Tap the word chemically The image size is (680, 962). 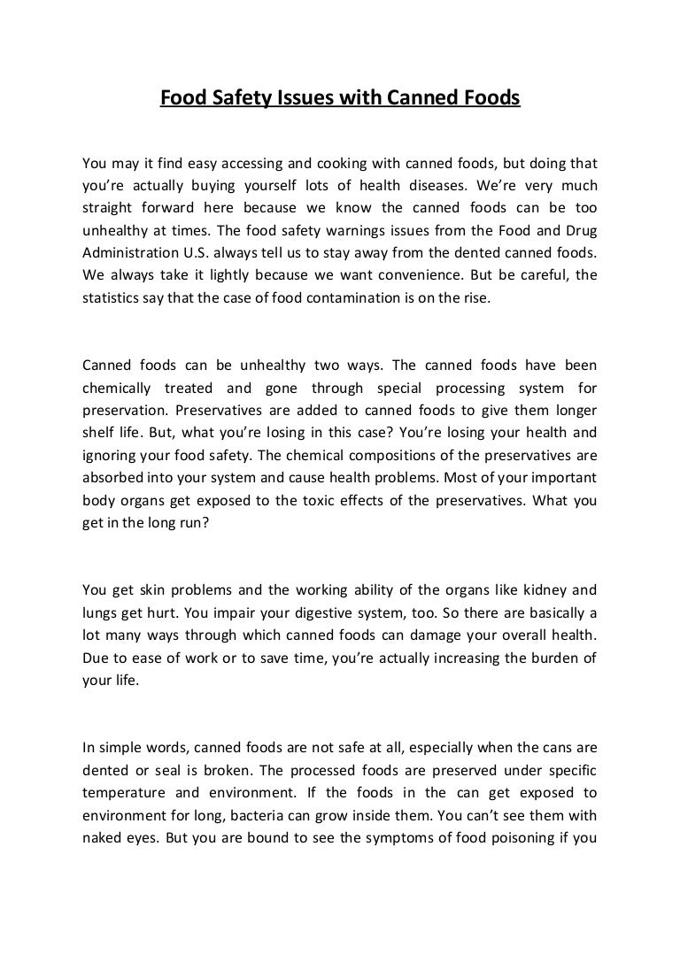(x=115, y=388)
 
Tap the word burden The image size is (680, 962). (x=557, y=658)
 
